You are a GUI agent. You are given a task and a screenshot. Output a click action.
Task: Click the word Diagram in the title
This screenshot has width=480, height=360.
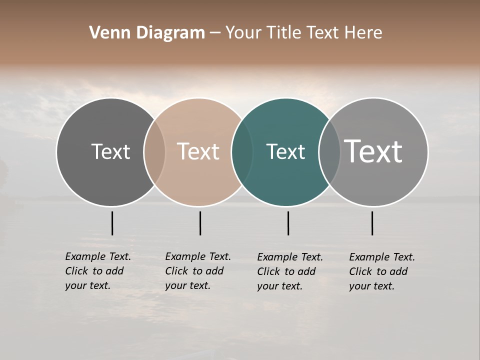point(170,33)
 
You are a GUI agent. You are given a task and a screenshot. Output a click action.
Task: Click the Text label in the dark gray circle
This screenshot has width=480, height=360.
point(110,151)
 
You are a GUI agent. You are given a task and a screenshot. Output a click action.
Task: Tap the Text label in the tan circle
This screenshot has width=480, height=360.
point(198,151)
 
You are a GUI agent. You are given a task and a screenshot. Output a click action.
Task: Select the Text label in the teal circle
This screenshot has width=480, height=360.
point(285,151)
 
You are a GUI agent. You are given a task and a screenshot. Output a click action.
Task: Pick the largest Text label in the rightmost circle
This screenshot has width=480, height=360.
point(373,151)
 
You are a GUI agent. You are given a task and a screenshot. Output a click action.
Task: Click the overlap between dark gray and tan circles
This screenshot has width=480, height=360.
point(154,151)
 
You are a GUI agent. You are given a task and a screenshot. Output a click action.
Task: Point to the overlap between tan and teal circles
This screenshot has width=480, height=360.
point(242,151)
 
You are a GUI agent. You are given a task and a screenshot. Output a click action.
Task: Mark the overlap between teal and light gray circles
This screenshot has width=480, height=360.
point(329,151)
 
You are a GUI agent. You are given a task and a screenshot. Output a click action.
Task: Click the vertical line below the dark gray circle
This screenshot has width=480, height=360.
point(112,223)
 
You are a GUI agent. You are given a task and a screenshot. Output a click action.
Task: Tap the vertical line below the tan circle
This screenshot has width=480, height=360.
point(200,223)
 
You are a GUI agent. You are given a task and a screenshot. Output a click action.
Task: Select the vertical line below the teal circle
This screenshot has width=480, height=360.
point(288,223)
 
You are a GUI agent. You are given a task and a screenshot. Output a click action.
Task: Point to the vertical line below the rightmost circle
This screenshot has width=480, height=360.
point(372,223)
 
